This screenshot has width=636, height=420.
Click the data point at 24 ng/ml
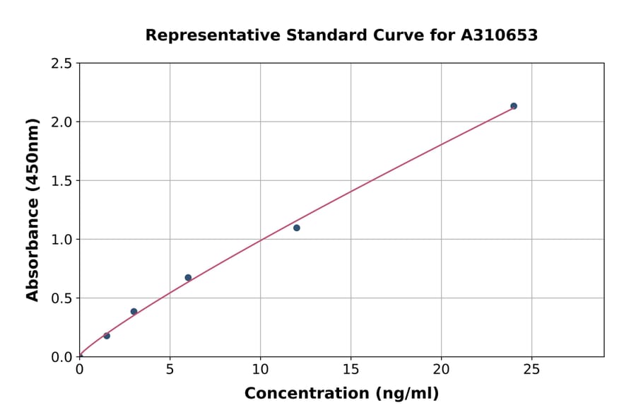(514, 106)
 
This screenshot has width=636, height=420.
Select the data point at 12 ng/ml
(297, 228)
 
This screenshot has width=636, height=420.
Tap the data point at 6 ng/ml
(188, 277)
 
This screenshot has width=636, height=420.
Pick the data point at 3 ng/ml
(134, 311)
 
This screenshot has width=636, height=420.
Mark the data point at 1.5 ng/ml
(107, 336)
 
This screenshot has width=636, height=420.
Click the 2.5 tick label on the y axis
(60, 64)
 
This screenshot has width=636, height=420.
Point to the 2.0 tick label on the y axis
(60, 122)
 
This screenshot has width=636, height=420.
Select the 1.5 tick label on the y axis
(60, 181)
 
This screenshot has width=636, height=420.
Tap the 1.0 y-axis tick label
(60, 240)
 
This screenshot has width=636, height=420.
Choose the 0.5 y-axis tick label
(60, 298)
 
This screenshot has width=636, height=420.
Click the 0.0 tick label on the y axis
(60, 357)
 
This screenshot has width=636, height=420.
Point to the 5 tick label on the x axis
(170, 370)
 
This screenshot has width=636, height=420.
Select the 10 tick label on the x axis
(260, 370)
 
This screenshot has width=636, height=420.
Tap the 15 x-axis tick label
(351, 370)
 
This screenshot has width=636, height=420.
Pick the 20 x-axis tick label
(441, 370)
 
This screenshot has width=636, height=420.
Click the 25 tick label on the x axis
(531, 370)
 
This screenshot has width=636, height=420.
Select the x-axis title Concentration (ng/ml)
(341, 394)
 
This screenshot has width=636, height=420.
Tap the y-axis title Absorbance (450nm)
(33, 210)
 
